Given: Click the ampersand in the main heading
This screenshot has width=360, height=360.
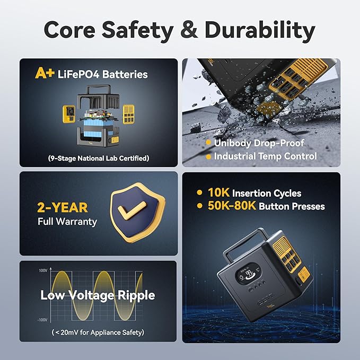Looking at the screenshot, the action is [189, 30].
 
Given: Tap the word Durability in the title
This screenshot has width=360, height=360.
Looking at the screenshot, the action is [260, 30].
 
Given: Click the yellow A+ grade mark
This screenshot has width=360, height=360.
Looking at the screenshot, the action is [45, 73].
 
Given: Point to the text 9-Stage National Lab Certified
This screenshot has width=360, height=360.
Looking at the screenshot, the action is [99, 158].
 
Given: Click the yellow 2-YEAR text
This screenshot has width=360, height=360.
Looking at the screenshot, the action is [63, 207].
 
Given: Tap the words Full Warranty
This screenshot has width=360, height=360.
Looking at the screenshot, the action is [67, 222].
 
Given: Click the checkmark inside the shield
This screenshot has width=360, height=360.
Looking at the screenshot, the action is [131, 210].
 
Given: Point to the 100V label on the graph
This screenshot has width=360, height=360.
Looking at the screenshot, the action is [43, 270].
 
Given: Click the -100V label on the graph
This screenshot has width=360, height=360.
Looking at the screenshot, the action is [42, 320].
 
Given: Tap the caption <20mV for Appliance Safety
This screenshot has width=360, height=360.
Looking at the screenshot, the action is [98, 332].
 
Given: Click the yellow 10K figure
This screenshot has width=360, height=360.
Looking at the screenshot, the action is [218, 192].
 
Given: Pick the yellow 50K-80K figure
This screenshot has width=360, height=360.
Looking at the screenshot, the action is [232, 206].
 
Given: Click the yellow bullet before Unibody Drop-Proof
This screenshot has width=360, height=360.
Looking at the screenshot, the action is [208, 143].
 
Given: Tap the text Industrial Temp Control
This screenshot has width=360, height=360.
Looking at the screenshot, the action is [266, 156].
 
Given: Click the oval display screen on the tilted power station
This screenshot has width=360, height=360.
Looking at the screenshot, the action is [248, 271].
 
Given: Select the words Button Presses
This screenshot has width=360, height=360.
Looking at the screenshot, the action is [292, 206].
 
